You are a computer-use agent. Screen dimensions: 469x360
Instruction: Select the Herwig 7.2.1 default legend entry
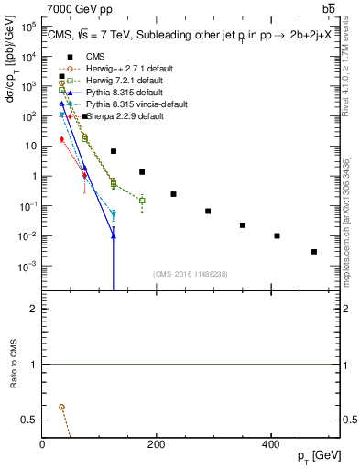click(x=106, y=81)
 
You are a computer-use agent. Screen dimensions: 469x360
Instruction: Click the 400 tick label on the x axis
click(x=270, y=445)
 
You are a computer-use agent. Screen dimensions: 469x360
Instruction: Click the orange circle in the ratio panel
click(x=61, y=407)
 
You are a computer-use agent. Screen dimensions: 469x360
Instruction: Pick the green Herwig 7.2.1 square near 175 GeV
click(x=142, y=200)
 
